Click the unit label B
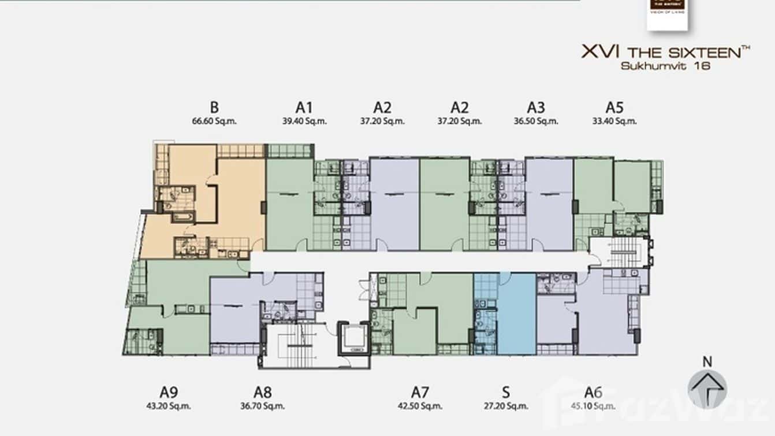click(x=214, y=107)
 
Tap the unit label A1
click(x=304, y=107)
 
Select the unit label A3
click(x=535, y=107)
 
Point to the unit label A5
click(x=614, y=107)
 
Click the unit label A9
click(x=168, y=392)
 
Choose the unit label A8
click(x=262, y=392)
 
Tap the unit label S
click(x=506, y=392)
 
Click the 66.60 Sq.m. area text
click(x=214, y=121)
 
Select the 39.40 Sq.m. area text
click(x=304, y=121)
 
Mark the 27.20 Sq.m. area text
click(x=506, y=406)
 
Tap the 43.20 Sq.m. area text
click(x=168, y=406)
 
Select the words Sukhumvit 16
click(x=665, y=66)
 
